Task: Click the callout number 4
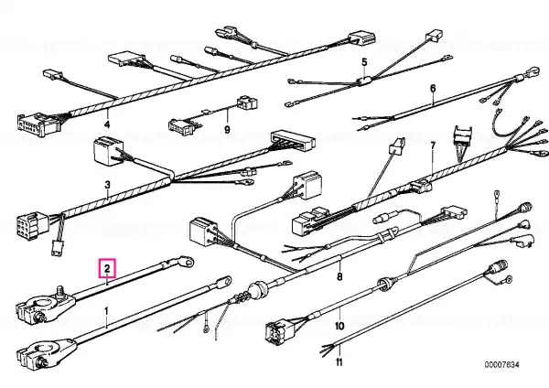(x=107, y=124)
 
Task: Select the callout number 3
(x=107, y=185)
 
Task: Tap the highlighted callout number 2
(x=107, y=269)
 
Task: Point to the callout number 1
(x=106, y=311)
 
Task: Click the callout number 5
(x=364, y=62)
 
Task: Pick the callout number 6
(x=433, y=88)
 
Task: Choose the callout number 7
(x=433, y=145)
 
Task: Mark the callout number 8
(x=339, y=276)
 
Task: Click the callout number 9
(x=227, y=130)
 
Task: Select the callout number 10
(x=339, y=327)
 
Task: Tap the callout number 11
(x=339, y=361)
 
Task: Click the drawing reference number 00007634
(x=501, y=365)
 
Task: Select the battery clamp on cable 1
(x=47, y=352)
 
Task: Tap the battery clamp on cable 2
(x=46, y=304)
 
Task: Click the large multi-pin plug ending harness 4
(x=38, y=124)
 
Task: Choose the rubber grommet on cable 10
(x=384, y=282)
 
